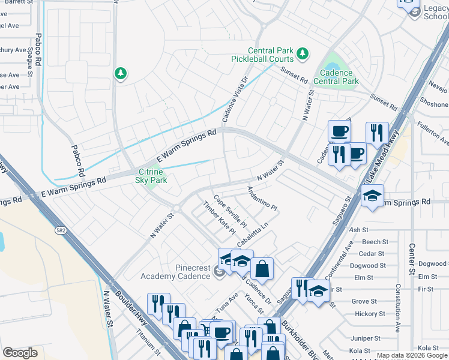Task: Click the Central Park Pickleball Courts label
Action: coord(263,55)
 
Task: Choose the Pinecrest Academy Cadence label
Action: coord(175,272)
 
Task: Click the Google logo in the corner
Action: coord(20,353)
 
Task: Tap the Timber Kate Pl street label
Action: coord(219,218)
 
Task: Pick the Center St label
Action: coord(412,259)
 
